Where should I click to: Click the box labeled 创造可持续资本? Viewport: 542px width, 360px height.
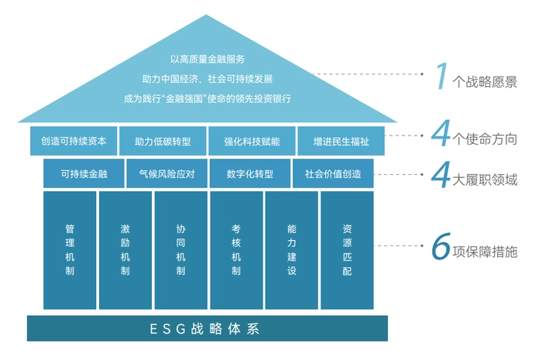pyautogui.click(x=74, y=142)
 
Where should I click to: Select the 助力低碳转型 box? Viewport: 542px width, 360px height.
pyautogui.click(x=163, y=142)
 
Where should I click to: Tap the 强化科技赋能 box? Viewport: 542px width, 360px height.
pyautogui.click(x=252, y=142)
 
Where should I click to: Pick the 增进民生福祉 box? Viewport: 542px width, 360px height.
pyautogui.click(x=340, y=142)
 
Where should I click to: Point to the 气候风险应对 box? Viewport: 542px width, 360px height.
pyautogui.click(x=166, y=174)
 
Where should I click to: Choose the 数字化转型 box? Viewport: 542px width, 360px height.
pyautogui.click(x=250, y=174)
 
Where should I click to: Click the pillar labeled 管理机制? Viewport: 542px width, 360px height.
pyautogui.click(x=70, y=250)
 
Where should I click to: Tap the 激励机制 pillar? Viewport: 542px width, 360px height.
pyautogui.click(x=125, y=250)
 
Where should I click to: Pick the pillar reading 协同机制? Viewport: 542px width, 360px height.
pyautogui.click(x=180, y=250)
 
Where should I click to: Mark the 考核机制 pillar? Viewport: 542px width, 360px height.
pyautogui.click(x=236, y=250)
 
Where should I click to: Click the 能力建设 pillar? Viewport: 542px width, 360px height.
pyautogui.click(x=292, y=250)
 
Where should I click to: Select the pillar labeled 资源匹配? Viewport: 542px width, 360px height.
pyautogui.click(x=347, y=250)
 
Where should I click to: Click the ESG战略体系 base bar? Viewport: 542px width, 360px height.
pyautogui.click(x=208, y=328)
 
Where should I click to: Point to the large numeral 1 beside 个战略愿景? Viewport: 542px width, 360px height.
pyautogui.click(x=441, y=77)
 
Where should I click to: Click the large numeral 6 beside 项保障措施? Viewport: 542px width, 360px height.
pyautogui.click(x=441, y=249)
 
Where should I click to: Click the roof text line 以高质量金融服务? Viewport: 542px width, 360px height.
pyautogui.click(x=208, y=59)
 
